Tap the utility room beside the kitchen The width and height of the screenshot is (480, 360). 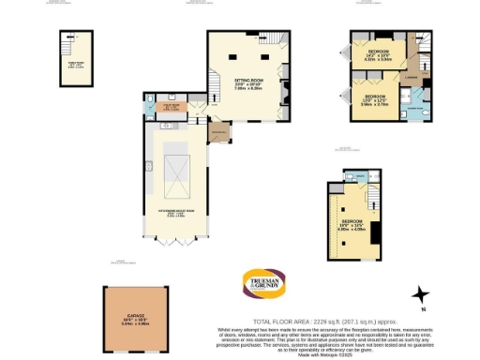point(172,108)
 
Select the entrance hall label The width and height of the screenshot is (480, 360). point(220,134)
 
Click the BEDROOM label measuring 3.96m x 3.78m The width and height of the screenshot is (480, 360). point(374,99)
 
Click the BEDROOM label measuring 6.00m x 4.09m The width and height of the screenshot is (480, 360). point(354,224)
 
